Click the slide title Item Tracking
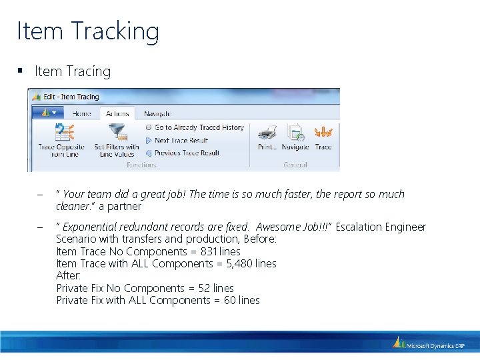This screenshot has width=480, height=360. (88, 31)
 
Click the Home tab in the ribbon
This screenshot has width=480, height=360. (82, 114)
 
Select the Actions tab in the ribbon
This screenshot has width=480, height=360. (117, 114)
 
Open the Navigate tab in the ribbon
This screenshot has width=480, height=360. (157, 114)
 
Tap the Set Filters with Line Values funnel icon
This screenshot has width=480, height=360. (117, 131)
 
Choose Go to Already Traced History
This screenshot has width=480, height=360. (199, 127)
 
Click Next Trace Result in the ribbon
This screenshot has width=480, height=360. (181, 141)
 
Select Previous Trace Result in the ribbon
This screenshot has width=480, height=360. (187, 153)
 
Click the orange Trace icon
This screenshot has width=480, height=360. (323, 132)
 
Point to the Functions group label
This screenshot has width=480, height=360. (141, 165)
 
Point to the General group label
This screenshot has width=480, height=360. (295, 165)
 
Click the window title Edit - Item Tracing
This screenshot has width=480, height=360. (71, 97)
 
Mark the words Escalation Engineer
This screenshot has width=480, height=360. (381, 227)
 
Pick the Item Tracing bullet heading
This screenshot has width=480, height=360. (73, 71)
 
